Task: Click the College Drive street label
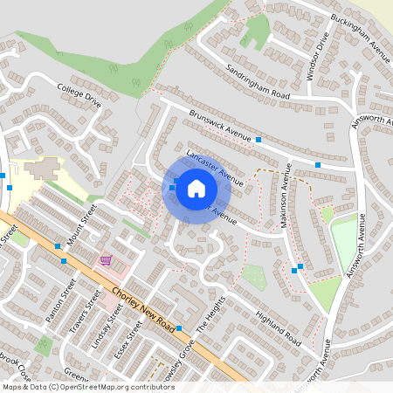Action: pos(79,95)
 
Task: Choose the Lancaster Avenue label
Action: pos(215,167)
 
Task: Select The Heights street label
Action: pos(206,319)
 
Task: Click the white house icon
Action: pos(196,188)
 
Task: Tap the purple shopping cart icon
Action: pos(106,259)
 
